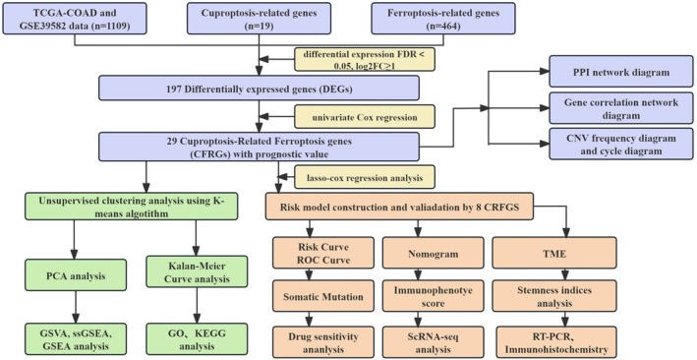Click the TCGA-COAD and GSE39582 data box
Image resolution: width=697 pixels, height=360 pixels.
coord(74,19)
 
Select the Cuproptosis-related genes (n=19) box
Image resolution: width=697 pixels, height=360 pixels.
coord(259,19)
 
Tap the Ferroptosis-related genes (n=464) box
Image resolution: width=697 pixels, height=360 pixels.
coord(443,19)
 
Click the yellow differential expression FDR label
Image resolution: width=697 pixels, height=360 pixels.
coord(364,59)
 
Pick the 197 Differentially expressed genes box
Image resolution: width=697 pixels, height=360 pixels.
coord(259,88)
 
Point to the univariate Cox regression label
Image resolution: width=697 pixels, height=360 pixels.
coord(364,117)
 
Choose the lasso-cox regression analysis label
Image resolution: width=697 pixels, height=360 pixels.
coord(364,177)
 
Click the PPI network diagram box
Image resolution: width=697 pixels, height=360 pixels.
coord(621,71)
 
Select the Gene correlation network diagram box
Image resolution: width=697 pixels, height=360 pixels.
coord(621,108)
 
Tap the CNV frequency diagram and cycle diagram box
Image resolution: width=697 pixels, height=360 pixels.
coord(621,144)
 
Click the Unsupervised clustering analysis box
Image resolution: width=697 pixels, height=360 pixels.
coord(131,206)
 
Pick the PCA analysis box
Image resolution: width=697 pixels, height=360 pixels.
coord(75,276)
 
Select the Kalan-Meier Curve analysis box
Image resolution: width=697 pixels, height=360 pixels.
coord(196,271)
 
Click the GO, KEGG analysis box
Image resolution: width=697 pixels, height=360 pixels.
coord(196,340)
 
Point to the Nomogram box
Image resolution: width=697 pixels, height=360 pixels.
coord(433,253)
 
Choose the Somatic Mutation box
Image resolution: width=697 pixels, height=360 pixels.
coord(323,296)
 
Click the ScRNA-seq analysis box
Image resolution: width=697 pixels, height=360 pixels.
coord(433,341)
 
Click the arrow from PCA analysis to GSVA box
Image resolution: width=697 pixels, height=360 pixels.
coord(75,308)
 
